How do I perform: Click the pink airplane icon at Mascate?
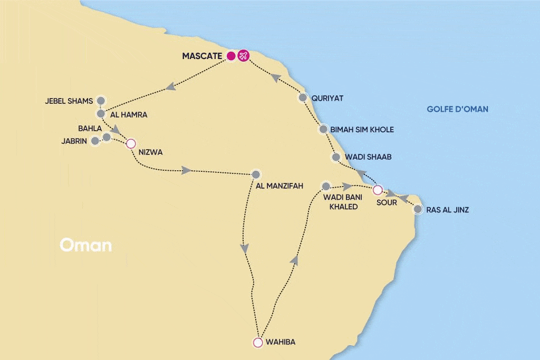pyautogui.click(x=243, y=56)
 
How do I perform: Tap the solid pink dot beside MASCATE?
pyautogui.click(x=230, y=56)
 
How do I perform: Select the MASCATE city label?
pyautogui.click(x=202, y=56)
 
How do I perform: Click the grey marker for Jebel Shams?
pyautogui.click(x=101, y=100)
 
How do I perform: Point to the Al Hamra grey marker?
pyautogui.click(x=101, y=113)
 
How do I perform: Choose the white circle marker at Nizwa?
pyautogui.click(x=130, y=143)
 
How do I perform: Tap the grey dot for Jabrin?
pyautogui.click(x=95, y=141)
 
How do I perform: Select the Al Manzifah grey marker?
pyautogui.click(x=256, y=174)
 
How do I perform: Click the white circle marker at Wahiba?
pyautogui.click(x=257, y=343)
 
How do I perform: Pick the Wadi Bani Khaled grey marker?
pyautogui.click(x=326, y=186)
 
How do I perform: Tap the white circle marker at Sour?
pyautogui.click(x=378, y=190)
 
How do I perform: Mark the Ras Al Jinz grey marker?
pyautogui.click(x=418, y=209)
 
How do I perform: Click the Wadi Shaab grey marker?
pyautogui.click(x=335, y=157)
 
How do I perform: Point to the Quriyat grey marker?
pyautogui.click(x=303, y=98)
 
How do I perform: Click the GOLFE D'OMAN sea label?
pyautogui.click(x=457, y=109)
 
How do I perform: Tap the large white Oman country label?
pyautogui.click(x=85, y=245)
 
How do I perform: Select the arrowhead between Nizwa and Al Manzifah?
pyautogui.click(x=186, y=170)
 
